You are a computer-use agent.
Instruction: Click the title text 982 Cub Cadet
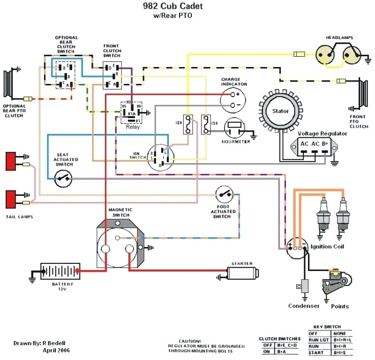coord(172,7)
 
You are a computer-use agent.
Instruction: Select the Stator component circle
coord(281,111)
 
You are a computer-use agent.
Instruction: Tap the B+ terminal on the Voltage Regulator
coord(324,143)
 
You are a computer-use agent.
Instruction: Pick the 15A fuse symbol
coord(205,124)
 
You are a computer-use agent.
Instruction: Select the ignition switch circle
coord(160,157)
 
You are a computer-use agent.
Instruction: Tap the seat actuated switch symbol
coord(64,178)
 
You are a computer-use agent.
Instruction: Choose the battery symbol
coord(59,271)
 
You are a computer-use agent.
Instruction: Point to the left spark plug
coord(323,214)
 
